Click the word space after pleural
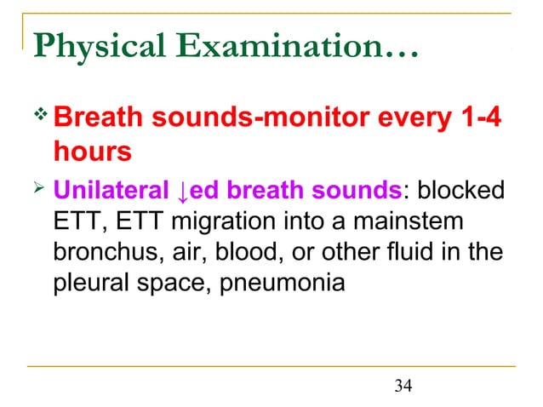(176, 282)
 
